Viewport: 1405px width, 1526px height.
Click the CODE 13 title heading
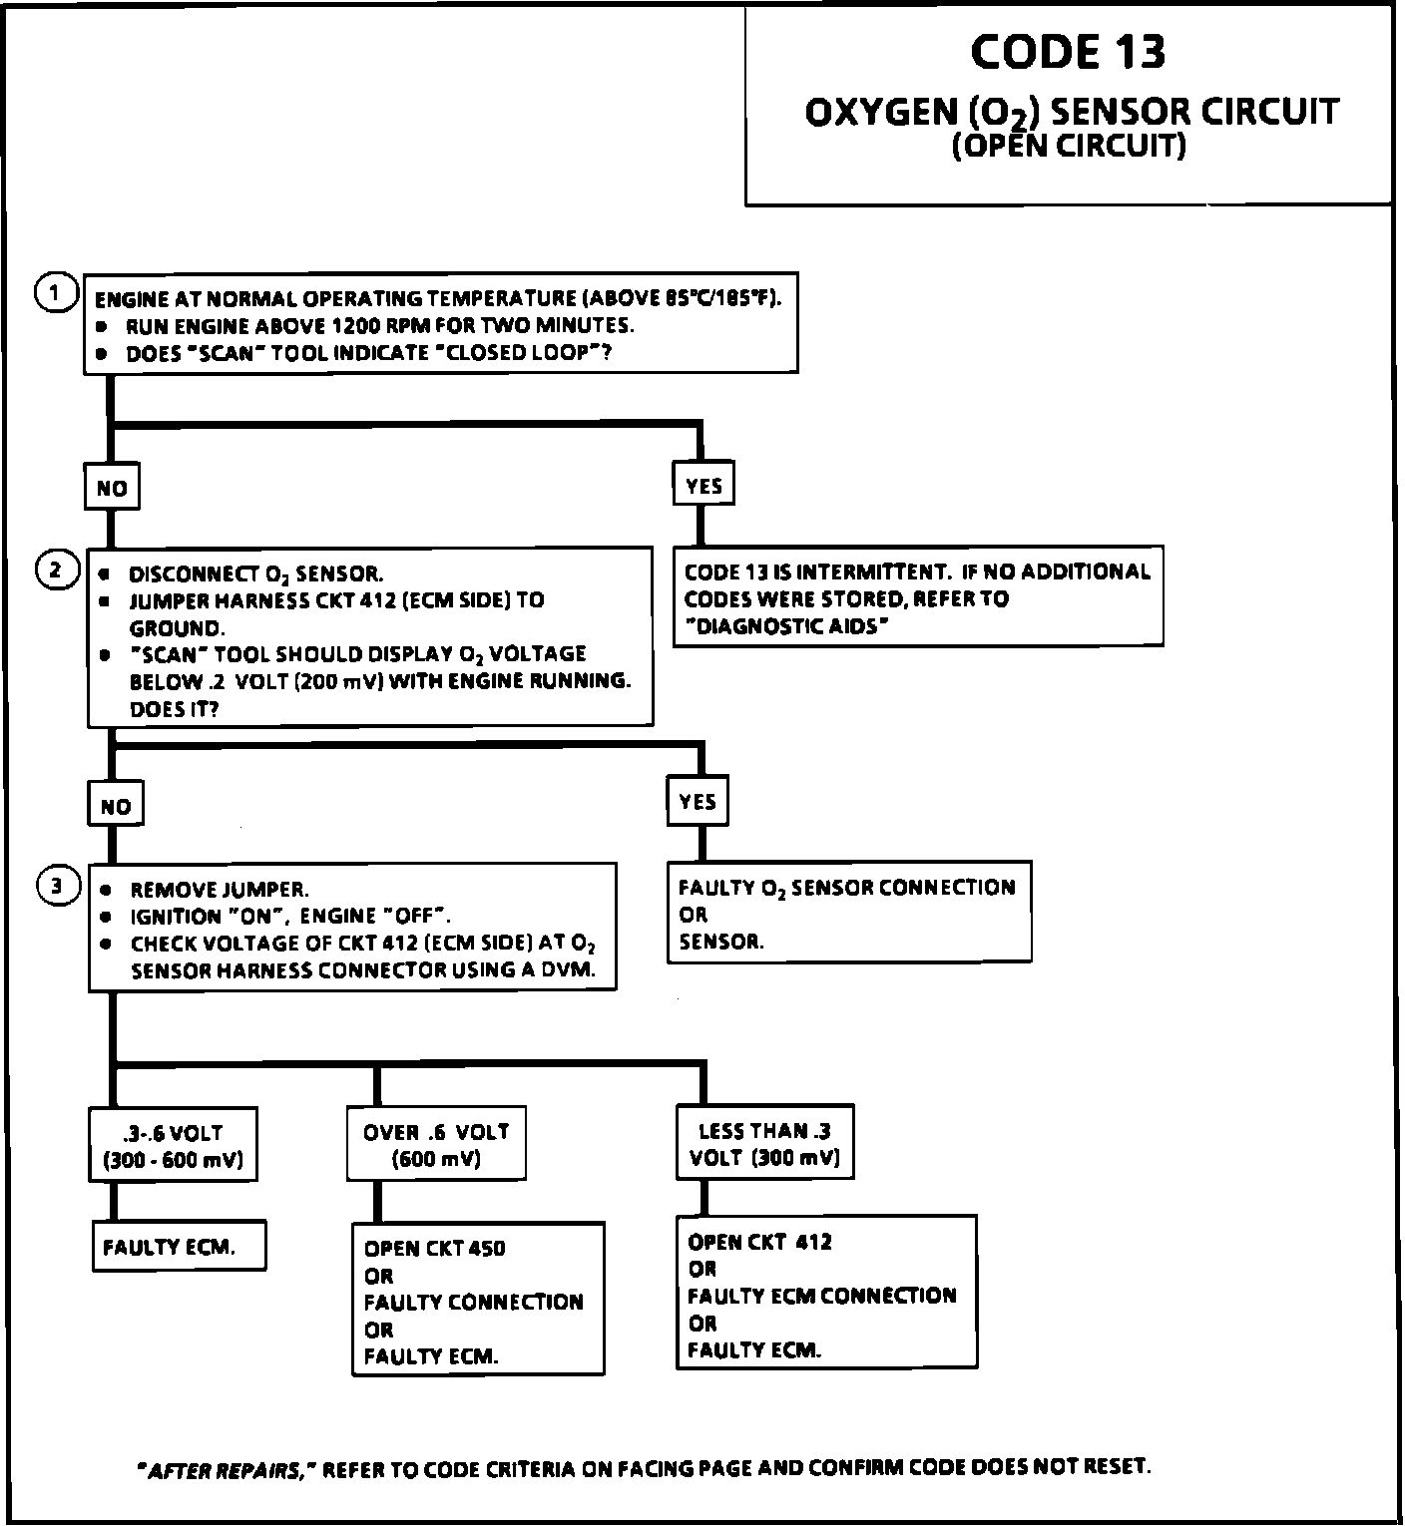(x=1067, y=52)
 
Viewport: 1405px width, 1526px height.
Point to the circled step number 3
(x=58, y=886)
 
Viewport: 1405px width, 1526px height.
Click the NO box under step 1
(x=112, y=488)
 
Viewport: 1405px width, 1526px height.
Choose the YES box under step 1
(x=703, y=486)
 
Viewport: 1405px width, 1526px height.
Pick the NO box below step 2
(x=116, y=806)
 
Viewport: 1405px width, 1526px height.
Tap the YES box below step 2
(x=698, y=802)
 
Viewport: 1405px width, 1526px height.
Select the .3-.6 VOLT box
(x=173, y=1146)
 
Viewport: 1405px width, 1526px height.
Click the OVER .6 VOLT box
(x=436, y=1144)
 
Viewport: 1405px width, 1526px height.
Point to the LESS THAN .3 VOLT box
(x=764, y=1143)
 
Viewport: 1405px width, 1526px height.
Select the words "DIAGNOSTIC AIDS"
(x=785, y=626)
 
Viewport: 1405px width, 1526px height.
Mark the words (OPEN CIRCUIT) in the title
(x=1069, y=147)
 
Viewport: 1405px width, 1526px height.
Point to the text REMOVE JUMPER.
(x=220, y=890)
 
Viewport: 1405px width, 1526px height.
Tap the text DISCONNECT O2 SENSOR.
(x=255, y=574)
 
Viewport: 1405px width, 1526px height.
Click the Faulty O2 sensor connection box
(x=848, y=913)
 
